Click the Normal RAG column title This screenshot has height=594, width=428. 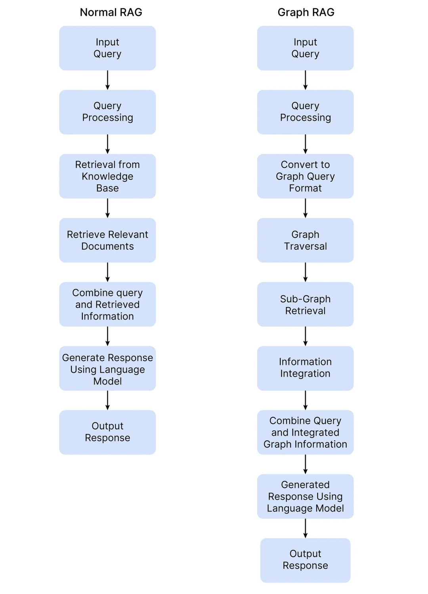[x=111, y=12]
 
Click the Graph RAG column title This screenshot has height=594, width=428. [x=306, y=12]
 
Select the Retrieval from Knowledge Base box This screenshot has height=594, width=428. [x=107, y=176]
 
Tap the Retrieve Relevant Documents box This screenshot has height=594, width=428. [x=107, y=240]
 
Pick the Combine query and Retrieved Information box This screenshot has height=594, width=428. [x=107, y=304]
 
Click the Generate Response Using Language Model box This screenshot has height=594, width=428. [x=107, y=369]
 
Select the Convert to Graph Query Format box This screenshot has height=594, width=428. [x=305, y=176]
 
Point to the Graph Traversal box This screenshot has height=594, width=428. [x=305, y=240]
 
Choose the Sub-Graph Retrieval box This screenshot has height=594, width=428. [x=305, y=304]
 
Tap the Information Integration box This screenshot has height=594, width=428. [x=305, y=368]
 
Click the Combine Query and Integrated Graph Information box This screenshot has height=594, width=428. [x=305, y=432]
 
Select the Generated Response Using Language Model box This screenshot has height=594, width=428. [x=305, y=496]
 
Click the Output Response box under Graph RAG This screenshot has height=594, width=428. [x=305, y=560]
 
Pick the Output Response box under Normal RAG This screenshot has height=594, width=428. [x=107, y=432]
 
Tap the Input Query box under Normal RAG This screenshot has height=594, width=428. [x=107, y=48]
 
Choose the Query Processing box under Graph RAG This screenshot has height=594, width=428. [x=305, y=112]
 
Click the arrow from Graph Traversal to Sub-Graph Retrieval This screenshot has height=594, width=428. [x=305, y=272]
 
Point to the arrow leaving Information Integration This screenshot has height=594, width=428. [x=305, y=400]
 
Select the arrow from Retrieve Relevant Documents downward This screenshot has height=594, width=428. [x=107, y=272]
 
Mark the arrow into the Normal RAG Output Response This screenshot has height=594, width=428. [x=107, y=400]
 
